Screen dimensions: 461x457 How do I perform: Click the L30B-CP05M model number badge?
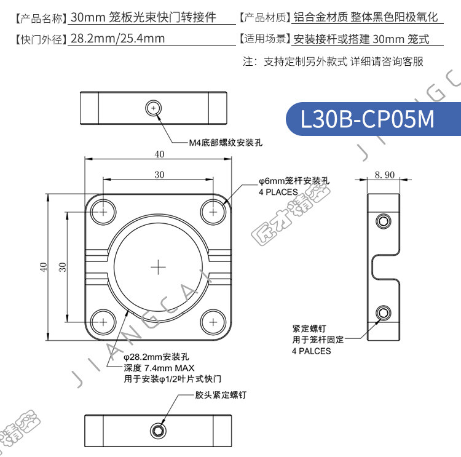373,119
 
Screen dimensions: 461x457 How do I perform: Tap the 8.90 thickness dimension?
385,175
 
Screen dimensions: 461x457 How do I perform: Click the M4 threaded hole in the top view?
153,108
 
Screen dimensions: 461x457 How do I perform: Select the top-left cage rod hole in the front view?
103,212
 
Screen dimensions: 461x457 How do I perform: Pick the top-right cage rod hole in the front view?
213,212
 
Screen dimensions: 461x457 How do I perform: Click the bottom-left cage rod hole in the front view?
103,322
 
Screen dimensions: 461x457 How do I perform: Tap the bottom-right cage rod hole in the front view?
213,322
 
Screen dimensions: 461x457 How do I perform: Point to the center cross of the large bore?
158,267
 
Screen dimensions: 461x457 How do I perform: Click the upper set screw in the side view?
384,221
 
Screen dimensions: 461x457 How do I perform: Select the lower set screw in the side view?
384,313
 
